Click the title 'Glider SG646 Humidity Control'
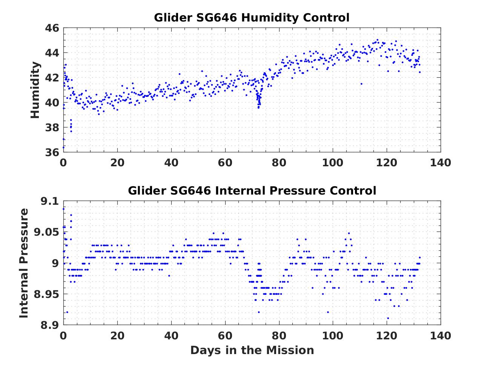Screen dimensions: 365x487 pos(252,18)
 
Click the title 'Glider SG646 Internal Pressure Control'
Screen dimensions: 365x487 pos(252,191)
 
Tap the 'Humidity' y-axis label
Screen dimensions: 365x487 pos(35,90)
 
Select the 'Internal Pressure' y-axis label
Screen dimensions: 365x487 pos(24,263)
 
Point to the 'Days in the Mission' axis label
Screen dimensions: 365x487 pos(252,350)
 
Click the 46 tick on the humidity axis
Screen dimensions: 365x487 pos(52,28)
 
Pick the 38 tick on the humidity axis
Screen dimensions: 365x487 pos(52,127)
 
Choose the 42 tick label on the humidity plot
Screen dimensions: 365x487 pos(52,78)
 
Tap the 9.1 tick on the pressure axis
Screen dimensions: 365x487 pos(50,201)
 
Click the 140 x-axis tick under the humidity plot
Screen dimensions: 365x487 pos(440,163)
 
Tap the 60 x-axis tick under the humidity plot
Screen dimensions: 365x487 pos(225,163)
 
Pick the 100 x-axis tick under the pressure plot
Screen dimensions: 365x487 pos(333,335)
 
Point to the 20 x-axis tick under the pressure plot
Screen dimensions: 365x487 pos(117,335)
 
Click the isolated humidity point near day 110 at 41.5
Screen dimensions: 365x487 pos(361,84)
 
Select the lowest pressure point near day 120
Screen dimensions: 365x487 pos(388,318)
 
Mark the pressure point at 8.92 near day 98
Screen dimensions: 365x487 pos(328,312)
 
